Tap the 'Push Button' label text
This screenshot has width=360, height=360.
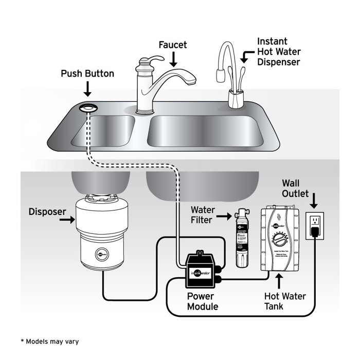coord(87,74)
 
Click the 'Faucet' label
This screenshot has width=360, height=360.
coord(173,45)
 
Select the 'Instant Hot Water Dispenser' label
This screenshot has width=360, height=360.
coord(278,51)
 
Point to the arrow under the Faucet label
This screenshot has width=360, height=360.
coord(173,60)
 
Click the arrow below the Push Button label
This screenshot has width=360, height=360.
coord(87,90)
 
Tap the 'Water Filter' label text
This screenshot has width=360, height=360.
coord(202,215)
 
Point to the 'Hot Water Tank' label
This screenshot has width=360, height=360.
coord(284,301)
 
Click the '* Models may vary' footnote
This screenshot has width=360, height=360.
coord(50,341)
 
